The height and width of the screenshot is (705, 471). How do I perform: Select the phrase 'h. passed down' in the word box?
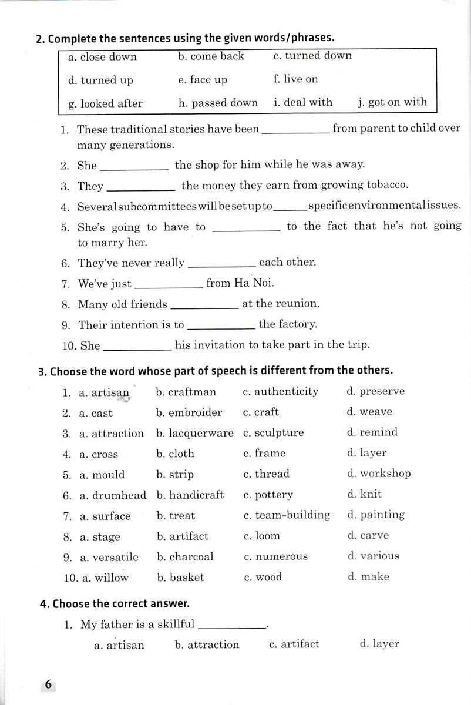coord(218,103)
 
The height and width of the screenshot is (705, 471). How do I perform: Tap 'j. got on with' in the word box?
coord(392,102)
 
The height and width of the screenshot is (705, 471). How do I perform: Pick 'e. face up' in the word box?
coord(203,80)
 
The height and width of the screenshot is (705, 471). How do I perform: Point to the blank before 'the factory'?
coord(221,325)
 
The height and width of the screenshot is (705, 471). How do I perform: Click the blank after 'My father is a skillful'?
coord(232,626)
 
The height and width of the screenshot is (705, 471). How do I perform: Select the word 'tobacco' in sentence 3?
coord(385,185)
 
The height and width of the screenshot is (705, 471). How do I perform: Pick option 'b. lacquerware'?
coord(195,433)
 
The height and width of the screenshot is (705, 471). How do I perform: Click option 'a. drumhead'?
coord(113,495)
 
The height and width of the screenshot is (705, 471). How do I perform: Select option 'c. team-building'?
coord(287,515)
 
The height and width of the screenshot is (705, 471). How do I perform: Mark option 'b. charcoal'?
coord(185,556)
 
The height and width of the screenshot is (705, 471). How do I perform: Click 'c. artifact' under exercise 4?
coord(294,644)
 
